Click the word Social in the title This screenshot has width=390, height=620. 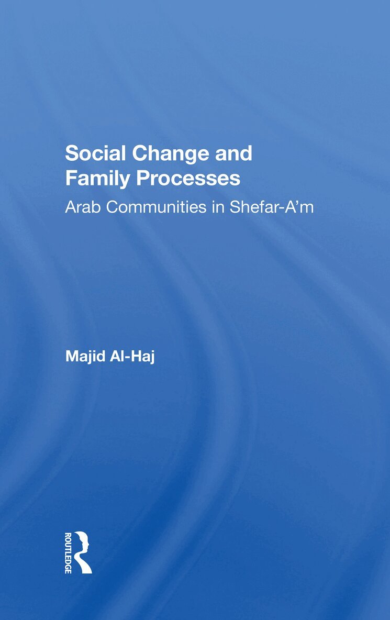click(95, 153)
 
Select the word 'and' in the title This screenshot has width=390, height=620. click(233, 153)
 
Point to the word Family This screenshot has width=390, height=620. click(97, 179)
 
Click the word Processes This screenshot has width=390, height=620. click(188, 178)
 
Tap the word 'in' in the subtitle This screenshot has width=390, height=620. click(218, 207)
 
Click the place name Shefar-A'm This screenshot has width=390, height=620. click(272, 207)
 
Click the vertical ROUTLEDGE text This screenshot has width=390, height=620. click(68, 553)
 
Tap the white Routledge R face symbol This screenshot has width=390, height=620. click(83, 552)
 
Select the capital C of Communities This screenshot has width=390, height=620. click(113, 207)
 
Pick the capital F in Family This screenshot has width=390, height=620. click(71, 178)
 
